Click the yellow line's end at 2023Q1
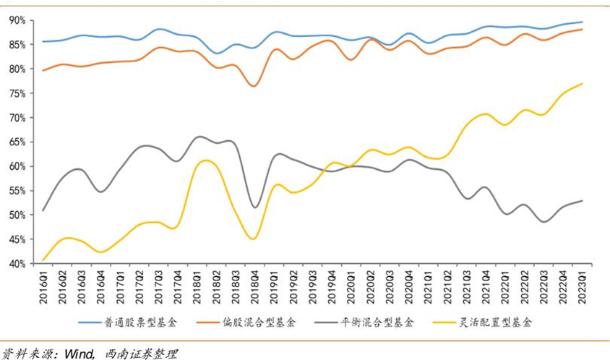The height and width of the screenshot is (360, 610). tap(582, 84)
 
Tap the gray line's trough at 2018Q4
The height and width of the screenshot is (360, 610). tap(254, 207)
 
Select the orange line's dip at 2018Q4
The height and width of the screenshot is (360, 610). tap(254, 86)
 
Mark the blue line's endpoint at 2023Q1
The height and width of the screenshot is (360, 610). tap(582, 22)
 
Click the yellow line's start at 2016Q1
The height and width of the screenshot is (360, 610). tap(44, 260)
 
